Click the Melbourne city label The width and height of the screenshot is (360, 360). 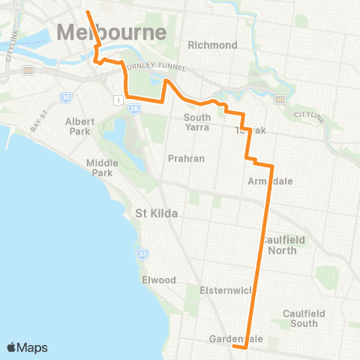(x=111, y=33)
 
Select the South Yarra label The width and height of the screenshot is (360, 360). (x=197, y=122)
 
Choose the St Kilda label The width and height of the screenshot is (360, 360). (x=156, y=214)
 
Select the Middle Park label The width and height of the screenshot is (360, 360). (x=102, y=168)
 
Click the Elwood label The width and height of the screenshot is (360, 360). (x=158, y=280)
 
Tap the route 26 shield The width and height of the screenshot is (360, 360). (x=133, y=109)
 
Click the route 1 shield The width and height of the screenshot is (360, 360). (x=117, y=100)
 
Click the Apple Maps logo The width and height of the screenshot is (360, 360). (x=27, y=347)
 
